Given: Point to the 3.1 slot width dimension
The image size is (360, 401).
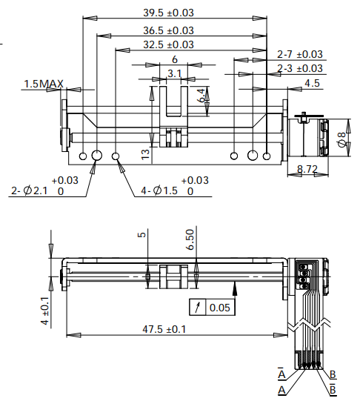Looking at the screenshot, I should click(175, 73).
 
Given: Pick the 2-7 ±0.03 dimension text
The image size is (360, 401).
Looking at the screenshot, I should click(300, 54).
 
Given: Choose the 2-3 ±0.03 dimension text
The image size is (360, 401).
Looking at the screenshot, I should click(300, 68).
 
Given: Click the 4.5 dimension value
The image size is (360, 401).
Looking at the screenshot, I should click(312, 83).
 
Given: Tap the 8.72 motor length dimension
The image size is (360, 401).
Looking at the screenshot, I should click(307, 170).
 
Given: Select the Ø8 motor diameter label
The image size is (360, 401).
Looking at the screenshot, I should click(341, 139).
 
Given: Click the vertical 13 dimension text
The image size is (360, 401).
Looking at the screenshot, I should click(146, 153).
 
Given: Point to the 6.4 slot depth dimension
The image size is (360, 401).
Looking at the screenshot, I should click(201, 95).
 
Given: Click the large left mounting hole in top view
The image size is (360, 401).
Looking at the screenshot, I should click(96, 156).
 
